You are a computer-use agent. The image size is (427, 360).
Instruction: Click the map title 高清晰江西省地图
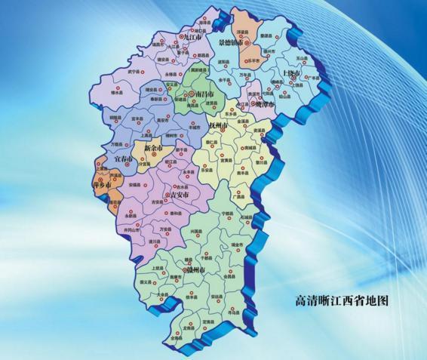point(341,300)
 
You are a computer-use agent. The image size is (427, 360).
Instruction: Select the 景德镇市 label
point(230,44)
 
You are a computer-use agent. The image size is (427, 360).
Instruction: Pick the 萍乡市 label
point(102,184)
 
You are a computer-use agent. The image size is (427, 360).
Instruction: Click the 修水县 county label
point(117,93)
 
